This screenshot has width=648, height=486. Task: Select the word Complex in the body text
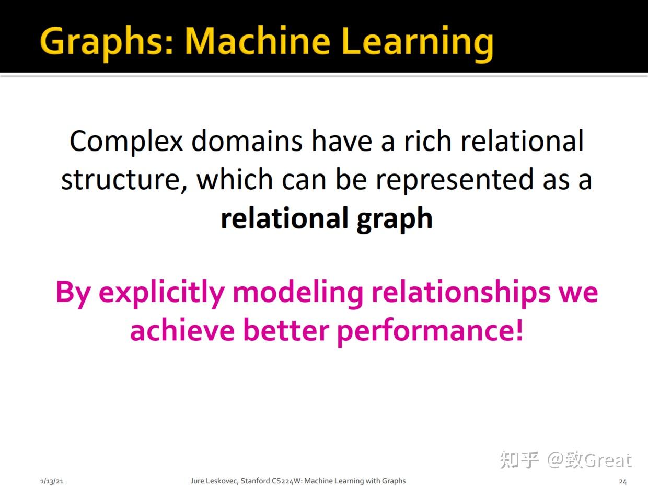pos(126,141)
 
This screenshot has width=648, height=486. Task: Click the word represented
pos(453,180)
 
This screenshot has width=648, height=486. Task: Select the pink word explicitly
pos(161,292)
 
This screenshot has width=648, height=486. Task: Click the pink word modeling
pos(297,292)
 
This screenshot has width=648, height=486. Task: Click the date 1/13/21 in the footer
pos(52,481)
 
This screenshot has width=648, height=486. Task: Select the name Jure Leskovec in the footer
pos(214,481)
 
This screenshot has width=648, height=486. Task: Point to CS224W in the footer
pos(286,481)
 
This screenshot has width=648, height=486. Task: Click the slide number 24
pos(622,481)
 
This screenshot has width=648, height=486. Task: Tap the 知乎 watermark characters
pos(519,460)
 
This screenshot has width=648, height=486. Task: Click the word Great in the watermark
pos(608,460)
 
